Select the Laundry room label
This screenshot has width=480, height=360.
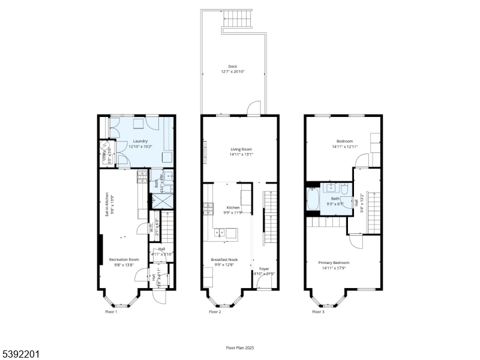140,141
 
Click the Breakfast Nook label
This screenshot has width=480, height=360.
224,259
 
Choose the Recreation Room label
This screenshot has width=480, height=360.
124,259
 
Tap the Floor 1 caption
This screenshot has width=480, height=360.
111,312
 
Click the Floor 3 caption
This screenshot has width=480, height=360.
318,312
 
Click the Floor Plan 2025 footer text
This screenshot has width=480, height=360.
240,347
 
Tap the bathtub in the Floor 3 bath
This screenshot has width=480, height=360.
313,200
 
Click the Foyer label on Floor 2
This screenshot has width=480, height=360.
264,269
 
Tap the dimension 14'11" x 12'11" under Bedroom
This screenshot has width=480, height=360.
344,146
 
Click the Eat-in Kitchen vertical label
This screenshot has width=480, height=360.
107,205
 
